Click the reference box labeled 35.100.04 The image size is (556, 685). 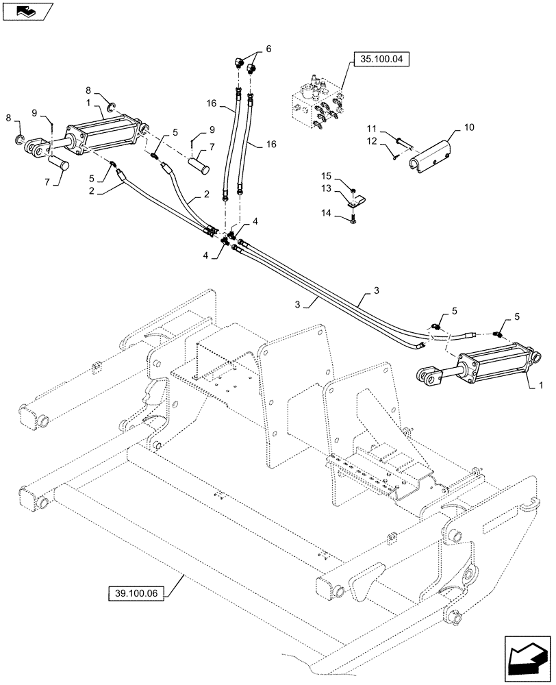pyautogui.click(x=382, y=60)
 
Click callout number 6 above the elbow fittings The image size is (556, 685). pyautogui.click(x=268, y=49)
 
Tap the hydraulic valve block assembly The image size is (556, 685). pyautogui.click(x=317, y=105)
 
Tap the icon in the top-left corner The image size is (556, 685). pyautogui.click(x=26, y=10)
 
